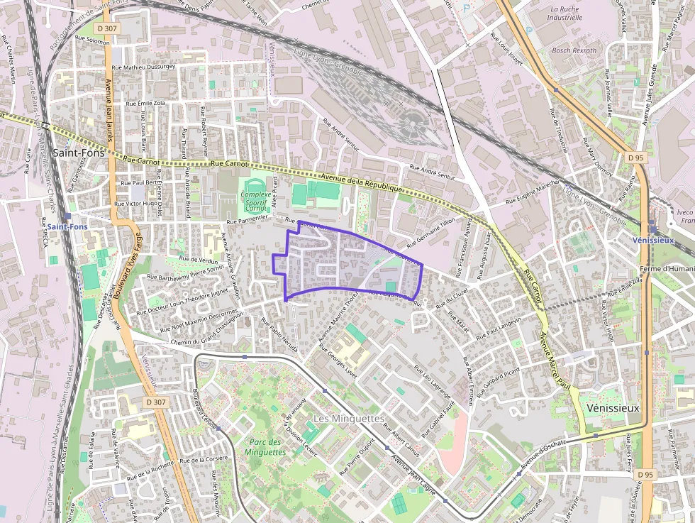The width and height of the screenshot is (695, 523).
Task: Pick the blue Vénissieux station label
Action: tap(653, 240)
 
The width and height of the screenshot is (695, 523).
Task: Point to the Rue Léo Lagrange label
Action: tap(432, 380)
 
